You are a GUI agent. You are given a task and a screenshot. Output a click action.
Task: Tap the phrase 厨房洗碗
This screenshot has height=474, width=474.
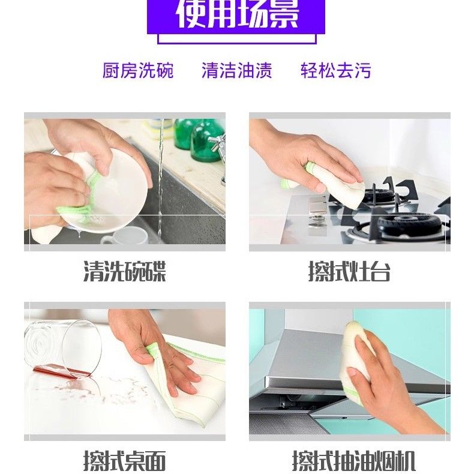pos(138,70)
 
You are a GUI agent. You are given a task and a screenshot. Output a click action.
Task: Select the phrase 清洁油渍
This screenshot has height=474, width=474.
pos(236,70)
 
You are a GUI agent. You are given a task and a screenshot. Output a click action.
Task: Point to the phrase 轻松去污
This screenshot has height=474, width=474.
pos(336,70)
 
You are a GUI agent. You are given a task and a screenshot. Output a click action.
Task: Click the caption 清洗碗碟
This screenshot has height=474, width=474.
pos(125,271)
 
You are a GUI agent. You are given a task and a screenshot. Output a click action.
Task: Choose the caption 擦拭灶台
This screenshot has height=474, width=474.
pos(349,271)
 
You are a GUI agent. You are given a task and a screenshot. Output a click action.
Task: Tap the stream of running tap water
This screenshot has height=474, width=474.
pos(161,181)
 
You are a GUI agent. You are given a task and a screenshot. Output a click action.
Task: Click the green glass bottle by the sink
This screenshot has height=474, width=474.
pos(206,140)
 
